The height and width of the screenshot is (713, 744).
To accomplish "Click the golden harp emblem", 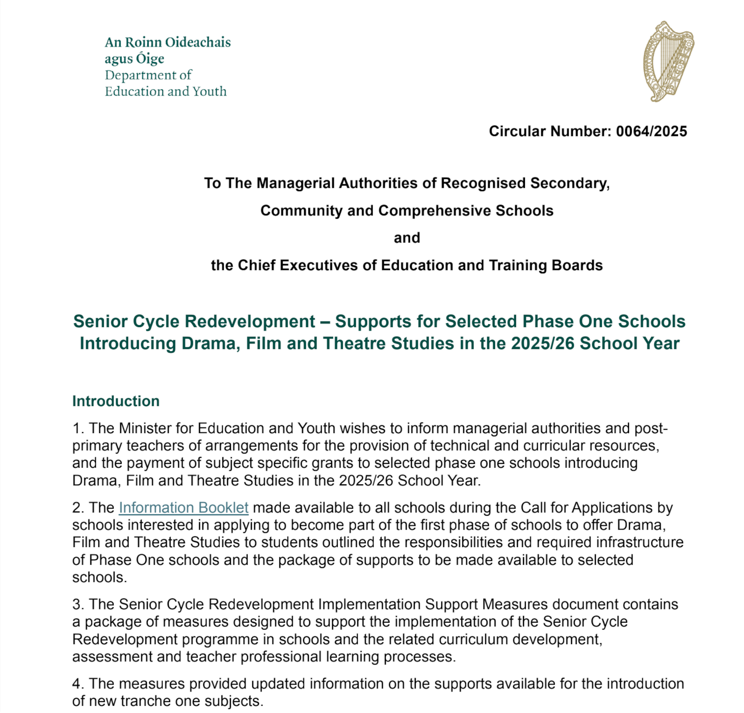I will click(668, 61).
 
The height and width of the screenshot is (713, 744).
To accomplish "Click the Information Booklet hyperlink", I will click(183, 508).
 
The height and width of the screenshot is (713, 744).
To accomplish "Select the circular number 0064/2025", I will click(651, 131).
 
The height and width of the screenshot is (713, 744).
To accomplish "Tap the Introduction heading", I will click(115, 401).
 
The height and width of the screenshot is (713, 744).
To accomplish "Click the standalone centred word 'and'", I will click(407, 238).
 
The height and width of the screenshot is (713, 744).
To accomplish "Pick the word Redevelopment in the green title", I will click(250, 322).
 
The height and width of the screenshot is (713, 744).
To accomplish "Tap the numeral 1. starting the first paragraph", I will click(78, 428).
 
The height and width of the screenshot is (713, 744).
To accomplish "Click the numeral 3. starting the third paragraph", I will click(78, 604).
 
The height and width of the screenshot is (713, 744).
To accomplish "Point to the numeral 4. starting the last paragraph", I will click(78, 684).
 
